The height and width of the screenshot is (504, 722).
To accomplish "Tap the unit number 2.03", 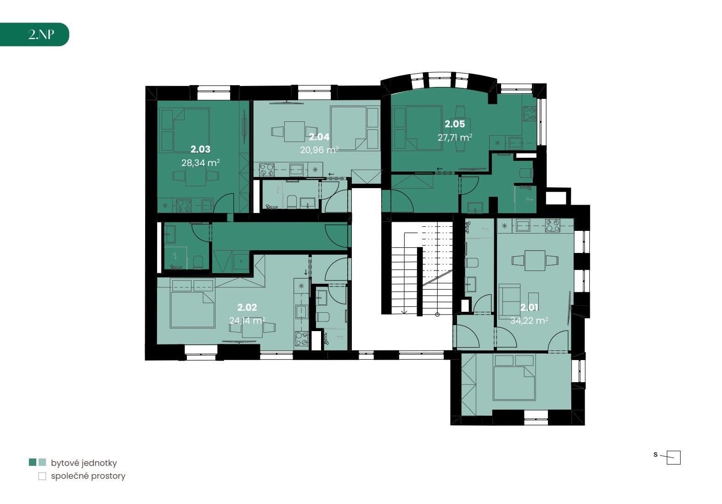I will [200, 149].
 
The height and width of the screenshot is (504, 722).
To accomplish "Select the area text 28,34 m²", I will [200, 162].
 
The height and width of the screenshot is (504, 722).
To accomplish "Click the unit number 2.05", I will [454, 124].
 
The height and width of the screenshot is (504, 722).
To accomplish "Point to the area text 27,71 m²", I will [455, 137].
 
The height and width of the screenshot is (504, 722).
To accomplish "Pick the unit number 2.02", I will [247, 307].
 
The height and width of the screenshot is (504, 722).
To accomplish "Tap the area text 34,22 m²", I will [529, 321].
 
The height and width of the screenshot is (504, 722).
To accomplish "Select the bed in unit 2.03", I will [184, 130].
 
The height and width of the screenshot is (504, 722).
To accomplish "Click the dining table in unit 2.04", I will [294, 132].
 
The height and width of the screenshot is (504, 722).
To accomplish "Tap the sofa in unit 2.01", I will [509, 298].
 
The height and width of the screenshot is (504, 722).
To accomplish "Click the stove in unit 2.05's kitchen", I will [529, 113].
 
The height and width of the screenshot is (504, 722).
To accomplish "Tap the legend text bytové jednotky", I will [84, 463].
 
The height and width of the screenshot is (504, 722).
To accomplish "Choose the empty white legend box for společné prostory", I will [42, 476].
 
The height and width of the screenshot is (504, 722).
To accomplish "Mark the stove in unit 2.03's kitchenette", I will [184, 205].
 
